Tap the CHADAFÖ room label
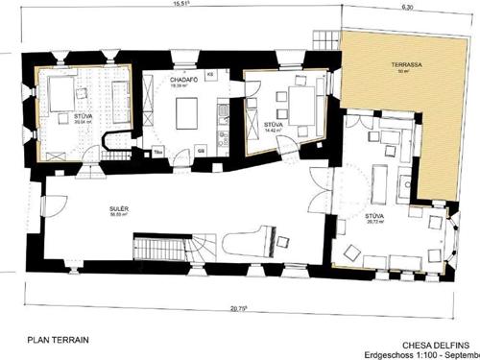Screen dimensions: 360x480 pyautogui.click(x=184, y=79)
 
